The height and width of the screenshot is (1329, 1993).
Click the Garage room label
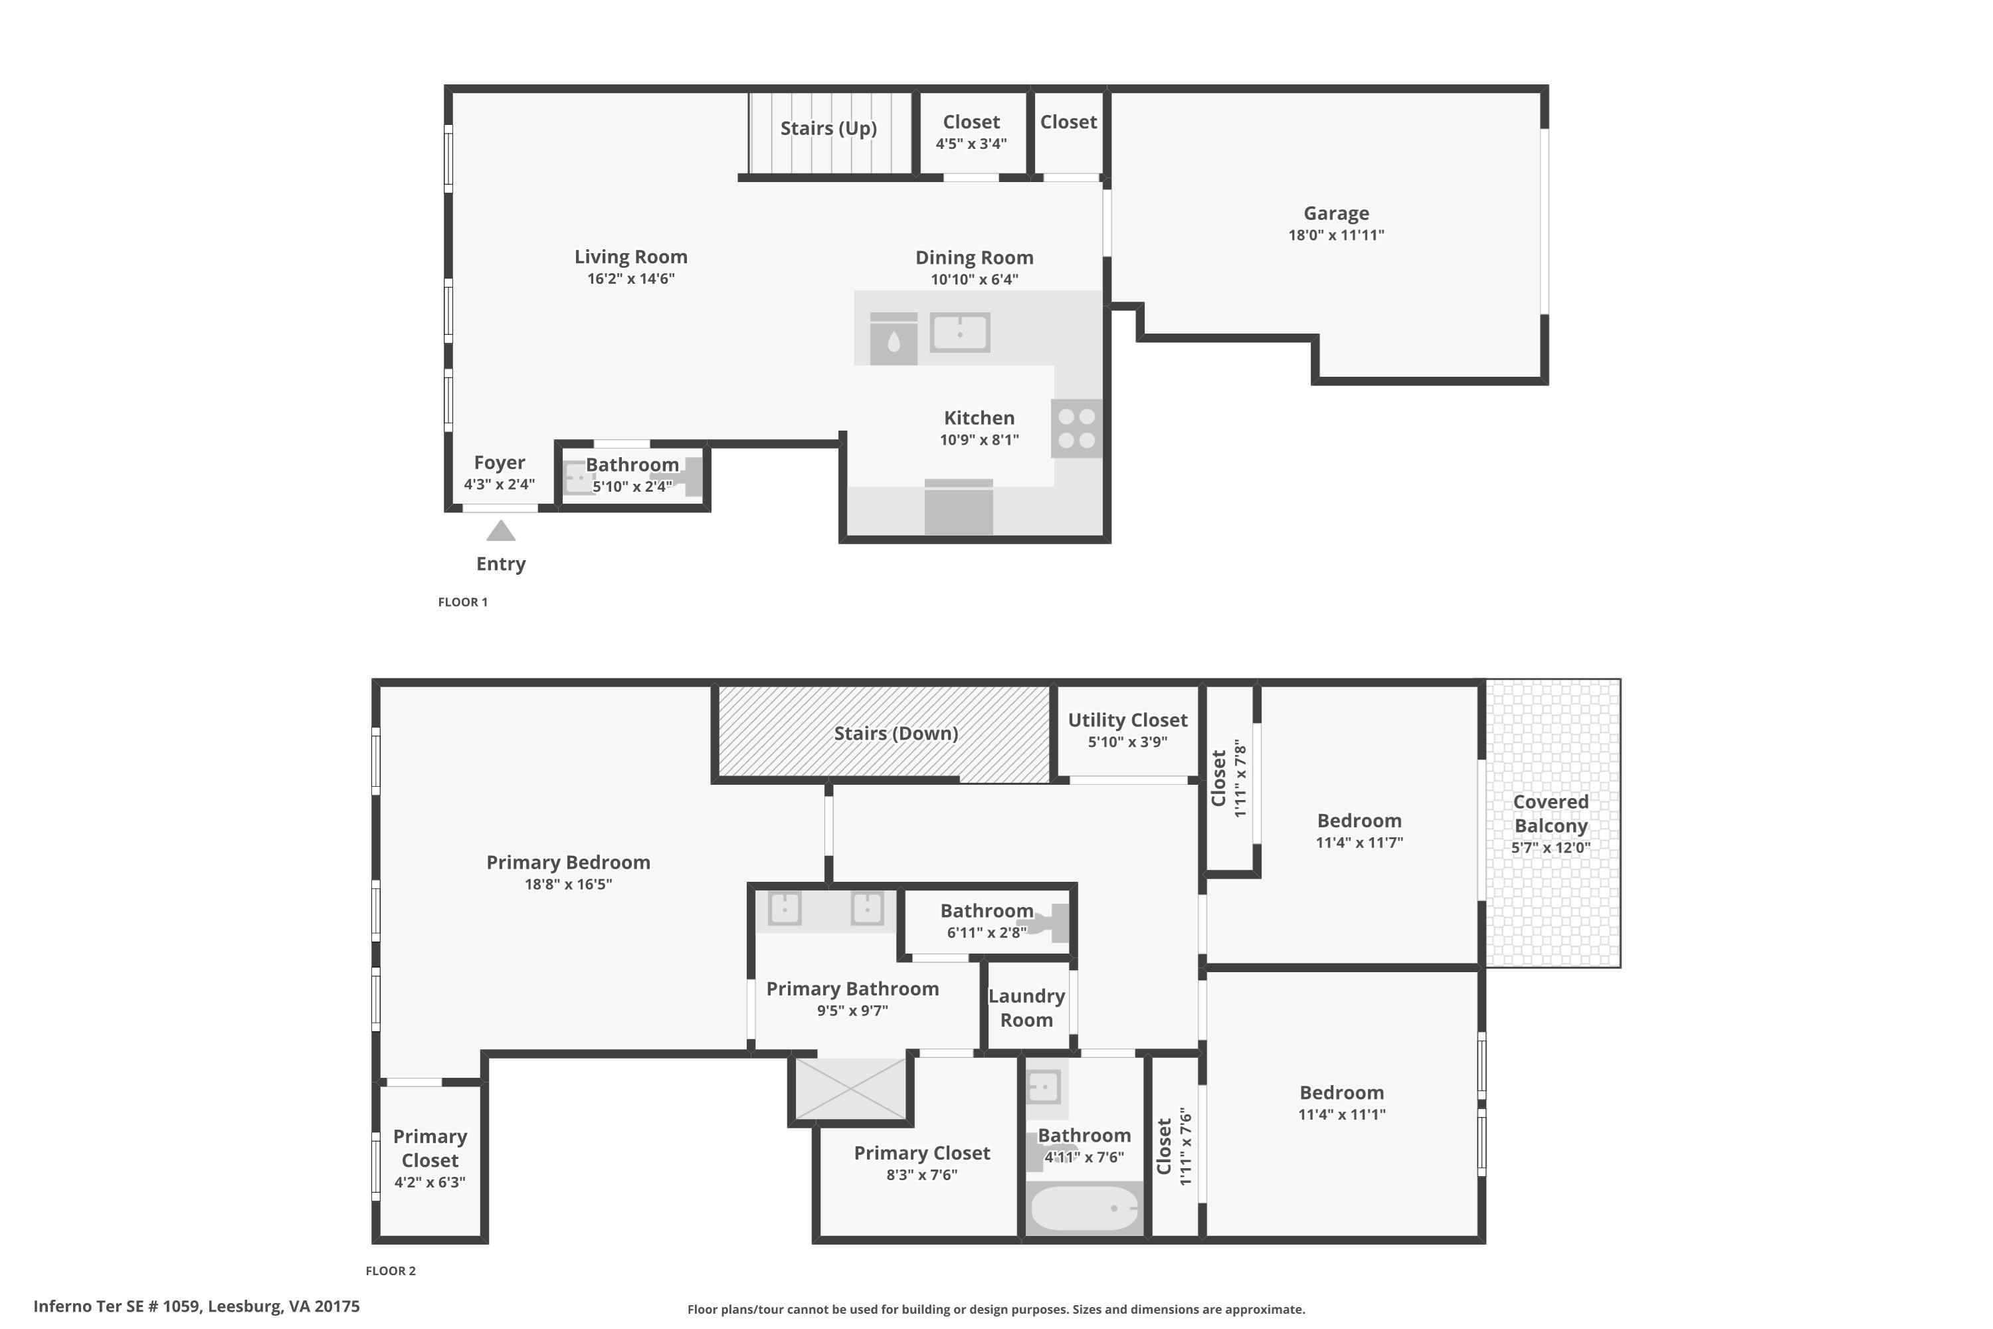[1335, 213]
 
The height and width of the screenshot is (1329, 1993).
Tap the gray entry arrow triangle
[501, 532]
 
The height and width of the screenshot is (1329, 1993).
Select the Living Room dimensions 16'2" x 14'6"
[630, 279]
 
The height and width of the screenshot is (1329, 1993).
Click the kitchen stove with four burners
[1077, 428]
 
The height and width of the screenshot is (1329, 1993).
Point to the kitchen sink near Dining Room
[960, 332]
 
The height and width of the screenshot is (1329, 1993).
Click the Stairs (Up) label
[828, 129]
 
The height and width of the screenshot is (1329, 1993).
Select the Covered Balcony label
[1551, 813]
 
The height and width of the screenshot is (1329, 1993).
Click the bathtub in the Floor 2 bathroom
[1084, 1208]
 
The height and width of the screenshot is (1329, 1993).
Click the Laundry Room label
[1026, 1008]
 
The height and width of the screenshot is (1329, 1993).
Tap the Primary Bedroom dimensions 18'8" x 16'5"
[568, 884]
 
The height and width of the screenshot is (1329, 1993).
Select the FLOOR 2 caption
[391, 1271]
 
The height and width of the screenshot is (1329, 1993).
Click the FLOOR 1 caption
[462, 602]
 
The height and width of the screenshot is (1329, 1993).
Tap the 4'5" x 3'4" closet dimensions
[971, 144]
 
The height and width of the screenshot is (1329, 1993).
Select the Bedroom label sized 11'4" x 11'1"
[1341, 1092]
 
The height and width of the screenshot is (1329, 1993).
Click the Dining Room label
[974, 258]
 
